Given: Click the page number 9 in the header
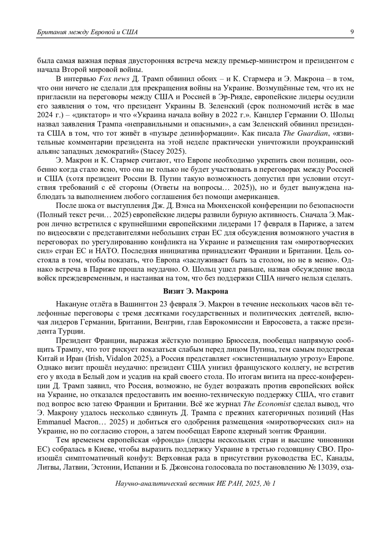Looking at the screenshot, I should coord(352,32).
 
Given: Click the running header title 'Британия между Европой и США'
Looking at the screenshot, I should coord(87,32).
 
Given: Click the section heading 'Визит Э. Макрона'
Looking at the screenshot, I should coord(195,291).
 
